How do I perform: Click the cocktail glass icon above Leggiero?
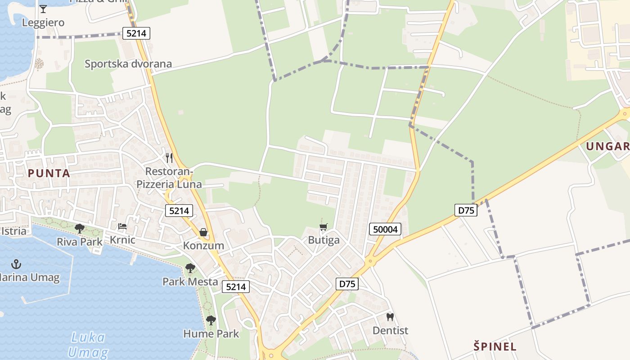point(43,9)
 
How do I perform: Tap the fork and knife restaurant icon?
point(169,157)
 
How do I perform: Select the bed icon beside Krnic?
point(122,226)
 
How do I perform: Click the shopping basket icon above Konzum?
point(203,232)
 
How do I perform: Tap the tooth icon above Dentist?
point(390,317)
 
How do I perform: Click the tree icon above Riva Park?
point(80,229)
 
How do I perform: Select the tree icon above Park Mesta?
point(190,269)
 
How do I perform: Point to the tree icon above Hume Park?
point(211,320)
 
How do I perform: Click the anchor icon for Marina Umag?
point(17,264)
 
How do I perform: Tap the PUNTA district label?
point(49,173)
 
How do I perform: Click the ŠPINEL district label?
point(495,346)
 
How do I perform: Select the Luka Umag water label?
point(88,344)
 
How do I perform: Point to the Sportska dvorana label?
point(128,63)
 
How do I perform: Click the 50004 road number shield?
point(386,229)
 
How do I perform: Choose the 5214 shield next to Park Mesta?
point(235,287)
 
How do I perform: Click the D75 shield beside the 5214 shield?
point(347,284)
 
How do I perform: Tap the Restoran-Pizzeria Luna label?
point(169,178)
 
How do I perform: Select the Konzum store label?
point(203,245)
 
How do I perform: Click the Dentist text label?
point(390,330)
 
